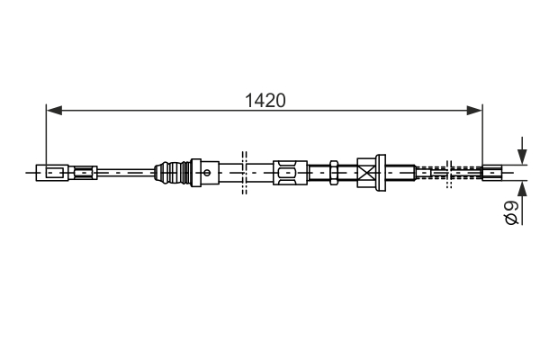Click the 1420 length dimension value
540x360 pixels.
265,101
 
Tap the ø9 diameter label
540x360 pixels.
511,213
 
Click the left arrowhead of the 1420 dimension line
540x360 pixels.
54,110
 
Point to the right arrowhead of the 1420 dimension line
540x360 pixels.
474,110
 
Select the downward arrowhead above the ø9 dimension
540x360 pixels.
522,156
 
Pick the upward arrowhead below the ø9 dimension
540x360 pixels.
522,189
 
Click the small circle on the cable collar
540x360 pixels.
207,172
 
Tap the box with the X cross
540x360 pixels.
366,173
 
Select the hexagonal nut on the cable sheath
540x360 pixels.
334,172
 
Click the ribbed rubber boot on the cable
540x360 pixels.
172,172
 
